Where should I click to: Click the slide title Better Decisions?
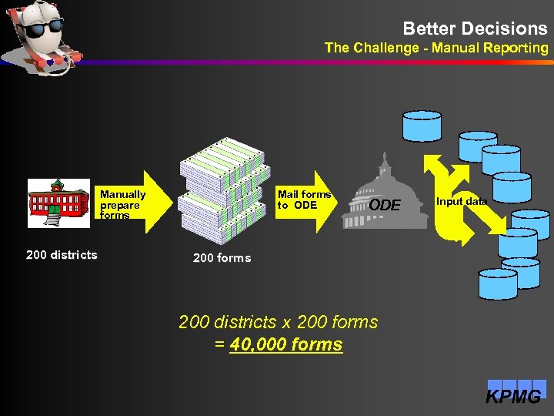(475, 29)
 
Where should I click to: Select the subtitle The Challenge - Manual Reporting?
(436, 48)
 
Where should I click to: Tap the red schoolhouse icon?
(58, 203)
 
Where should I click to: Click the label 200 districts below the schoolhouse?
(62, 255)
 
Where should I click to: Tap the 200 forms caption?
(222, 258)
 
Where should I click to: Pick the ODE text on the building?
(385, 206)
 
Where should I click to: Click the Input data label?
(462, 202)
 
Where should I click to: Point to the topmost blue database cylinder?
(422, 125)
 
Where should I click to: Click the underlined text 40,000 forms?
(286, 344)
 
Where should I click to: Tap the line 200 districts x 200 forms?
(279, 322)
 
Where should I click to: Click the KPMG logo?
(514, 394)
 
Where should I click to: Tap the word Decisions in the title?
(504, 29)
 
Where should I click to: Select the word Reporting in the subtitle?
(516, 48)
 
